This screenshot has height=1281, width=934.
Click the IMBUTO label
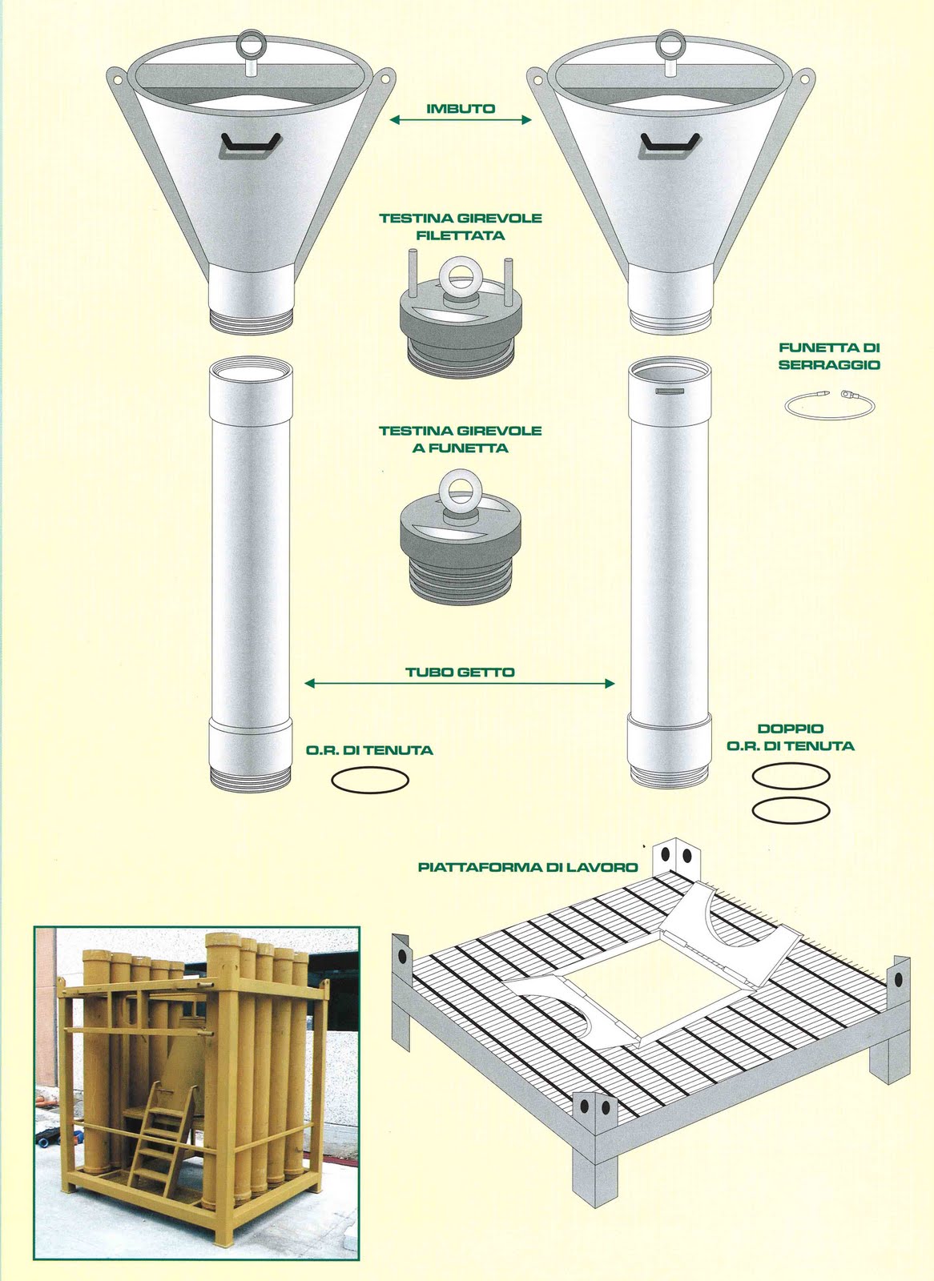coord(461,109)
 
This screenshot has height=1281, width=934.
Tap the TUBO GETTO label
coord(460,672)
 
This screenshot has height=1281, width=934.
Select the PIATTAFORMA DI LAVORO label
coord(528,868)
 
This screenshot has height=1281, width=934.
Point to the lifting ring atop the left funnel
coord(250,43)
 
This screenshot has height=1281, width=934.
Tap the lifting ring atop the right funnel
coord(670,43)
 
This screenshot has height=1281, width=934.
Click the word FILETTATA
coord(460,235)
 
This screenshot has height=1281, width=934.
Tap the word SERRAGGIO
coord(829,365)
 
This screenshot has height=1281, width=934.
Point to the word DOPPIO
coord(791,729)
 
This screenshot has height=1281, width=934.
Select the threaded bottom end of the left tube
coord(250,779)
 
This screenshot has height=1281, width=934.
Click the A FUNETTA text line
coord(460,448)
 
